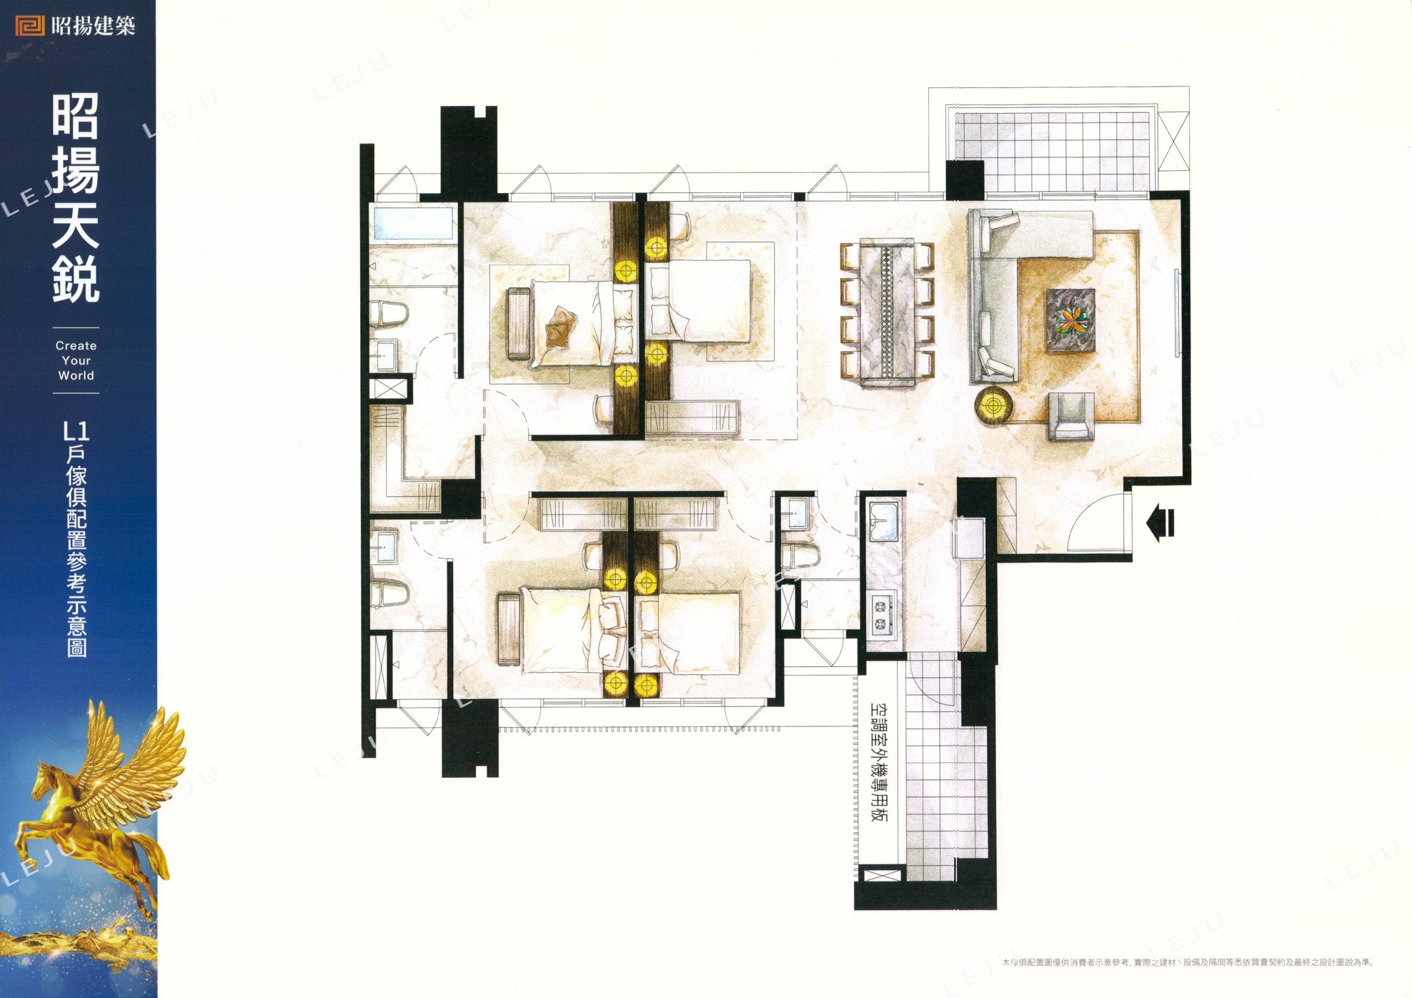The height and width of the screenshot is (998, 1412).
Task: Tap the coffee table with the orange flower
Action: point(1070,320)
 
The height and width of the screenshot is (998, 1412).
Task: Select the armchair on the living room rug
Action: point(1070,416)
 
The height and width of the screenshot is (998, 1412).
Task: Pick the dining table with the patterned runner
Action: point(888,312)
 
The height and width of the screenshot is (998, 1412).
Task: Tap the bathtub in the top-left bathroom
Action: point(413,222)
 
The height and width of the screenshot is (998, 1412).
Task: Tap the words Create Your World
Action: point(76,360)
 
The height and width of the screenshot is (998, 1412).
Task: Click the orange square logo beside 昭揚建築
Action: point(31,26)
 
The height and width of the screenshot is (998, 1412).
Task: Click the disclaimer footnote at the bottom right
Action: point(1188,963)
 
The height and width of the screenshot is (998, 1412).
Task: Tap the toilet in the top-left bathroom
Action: point(389,315)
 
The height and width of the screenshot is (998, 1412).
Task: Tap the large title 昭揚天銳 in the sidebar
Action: point(76,199)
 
